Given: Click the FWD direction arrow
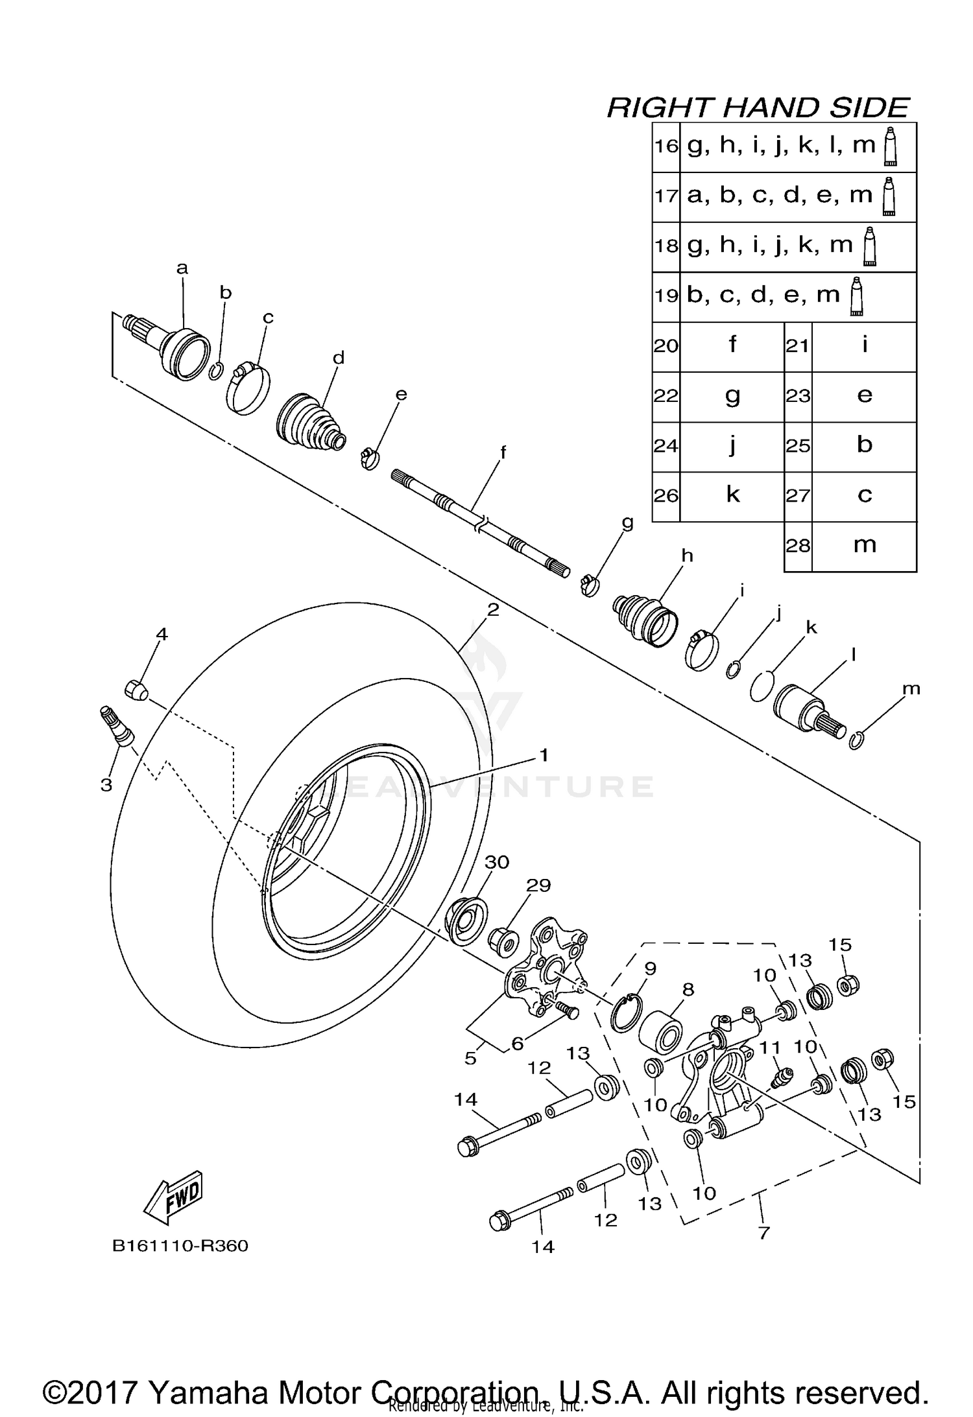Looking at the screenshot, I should (173, 1197).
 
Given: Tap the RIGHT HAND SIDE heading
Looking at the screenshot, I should (758, 108).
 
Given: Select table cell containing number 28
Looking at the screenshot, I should (798, 546).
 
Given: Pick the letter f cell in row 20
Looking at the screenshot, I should (732, 345).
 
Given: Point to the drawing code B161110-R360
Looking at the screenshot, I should (180, 1246).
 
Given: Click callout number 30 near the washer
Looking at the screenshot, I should (497, 862).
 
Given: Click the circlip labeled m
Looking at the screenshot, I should (856, 740).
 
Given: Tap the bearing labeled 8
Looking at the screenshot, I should (660, 1032).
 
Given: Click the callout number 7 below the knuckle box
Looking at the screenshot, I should (763, 1232).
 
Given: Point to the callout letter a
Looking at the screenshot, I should (182, 268).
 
